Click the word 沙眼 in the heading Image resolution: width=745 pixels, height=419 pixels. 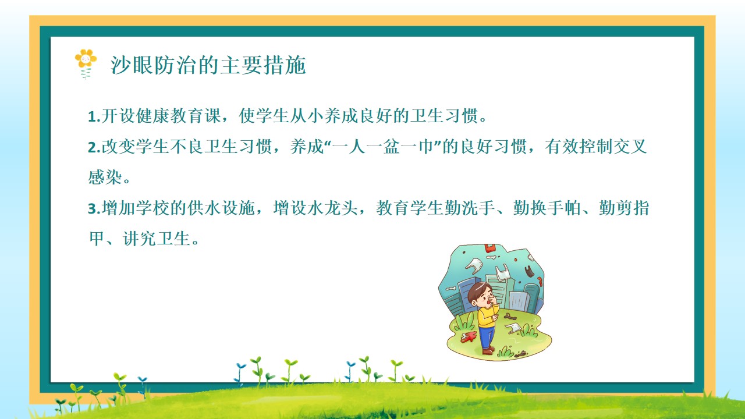tap(132, 65)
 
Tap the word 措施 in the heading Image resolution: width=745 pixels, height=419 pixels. tap(285, 65)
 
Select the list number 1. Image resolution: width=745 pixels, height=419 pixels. tap(92, 117)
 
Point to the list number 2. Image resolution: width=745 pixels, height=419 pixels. tap(93, 147)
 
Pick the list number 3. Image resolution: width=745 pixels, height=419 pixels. tap(93, 209)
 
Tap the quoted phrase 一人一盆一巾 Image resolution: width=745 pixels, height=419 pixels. tap(384, 147)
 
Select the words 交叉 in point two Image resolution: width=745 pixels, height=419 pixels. tap(630, 147)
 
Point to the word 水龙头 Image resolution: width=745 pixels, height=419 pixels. tap(332, 208)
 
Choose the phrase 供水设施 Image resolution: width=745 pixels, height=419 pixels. tap(221, 208)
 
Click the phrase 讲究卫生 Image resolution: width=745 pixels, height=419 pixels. tap(157, 239)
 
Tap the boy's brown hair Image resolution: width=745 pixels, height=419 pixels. tap(478, 290)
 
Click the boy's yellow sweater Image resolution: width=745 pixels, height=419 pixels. tap(487, 316)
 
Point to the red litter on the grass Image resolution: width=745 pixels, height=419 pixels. tap(469, 336)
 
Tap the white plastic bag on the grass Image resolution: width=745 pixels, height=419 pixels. tap(513, 328)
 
